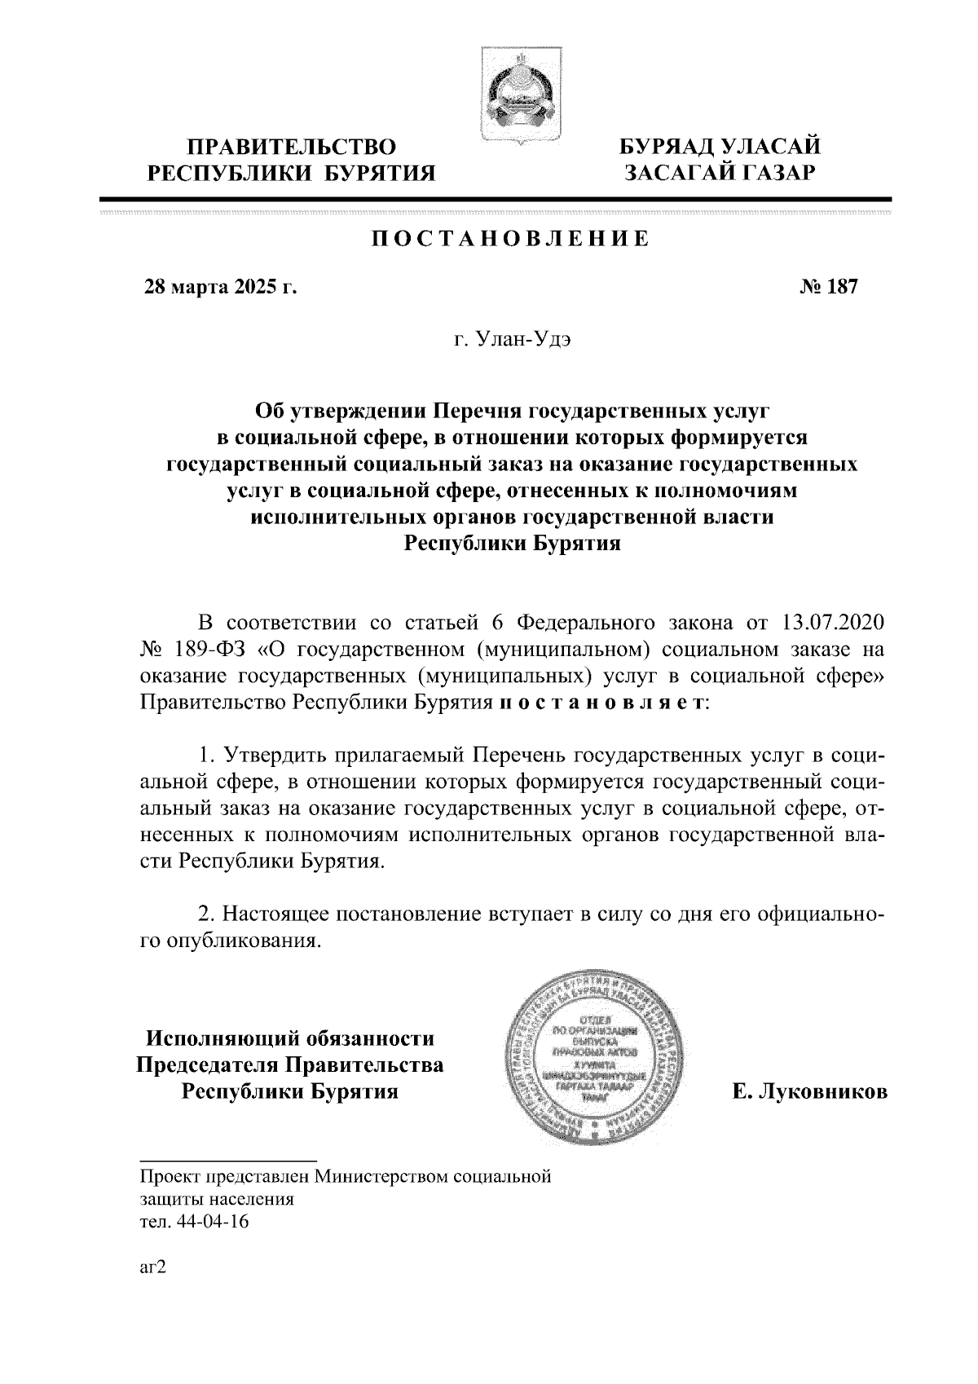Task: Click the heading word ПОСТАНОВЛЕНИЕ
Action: (511, 239)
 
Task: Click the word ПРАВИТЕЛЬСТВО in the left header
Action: (292, 148)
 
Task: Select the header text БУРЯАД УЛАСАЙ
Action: (720, 148)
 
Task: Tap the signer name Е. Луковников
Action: (809, 1092)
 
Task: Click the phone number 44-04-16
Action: (209, 1222)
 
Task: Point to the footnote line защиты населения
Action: (217, 1199)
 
